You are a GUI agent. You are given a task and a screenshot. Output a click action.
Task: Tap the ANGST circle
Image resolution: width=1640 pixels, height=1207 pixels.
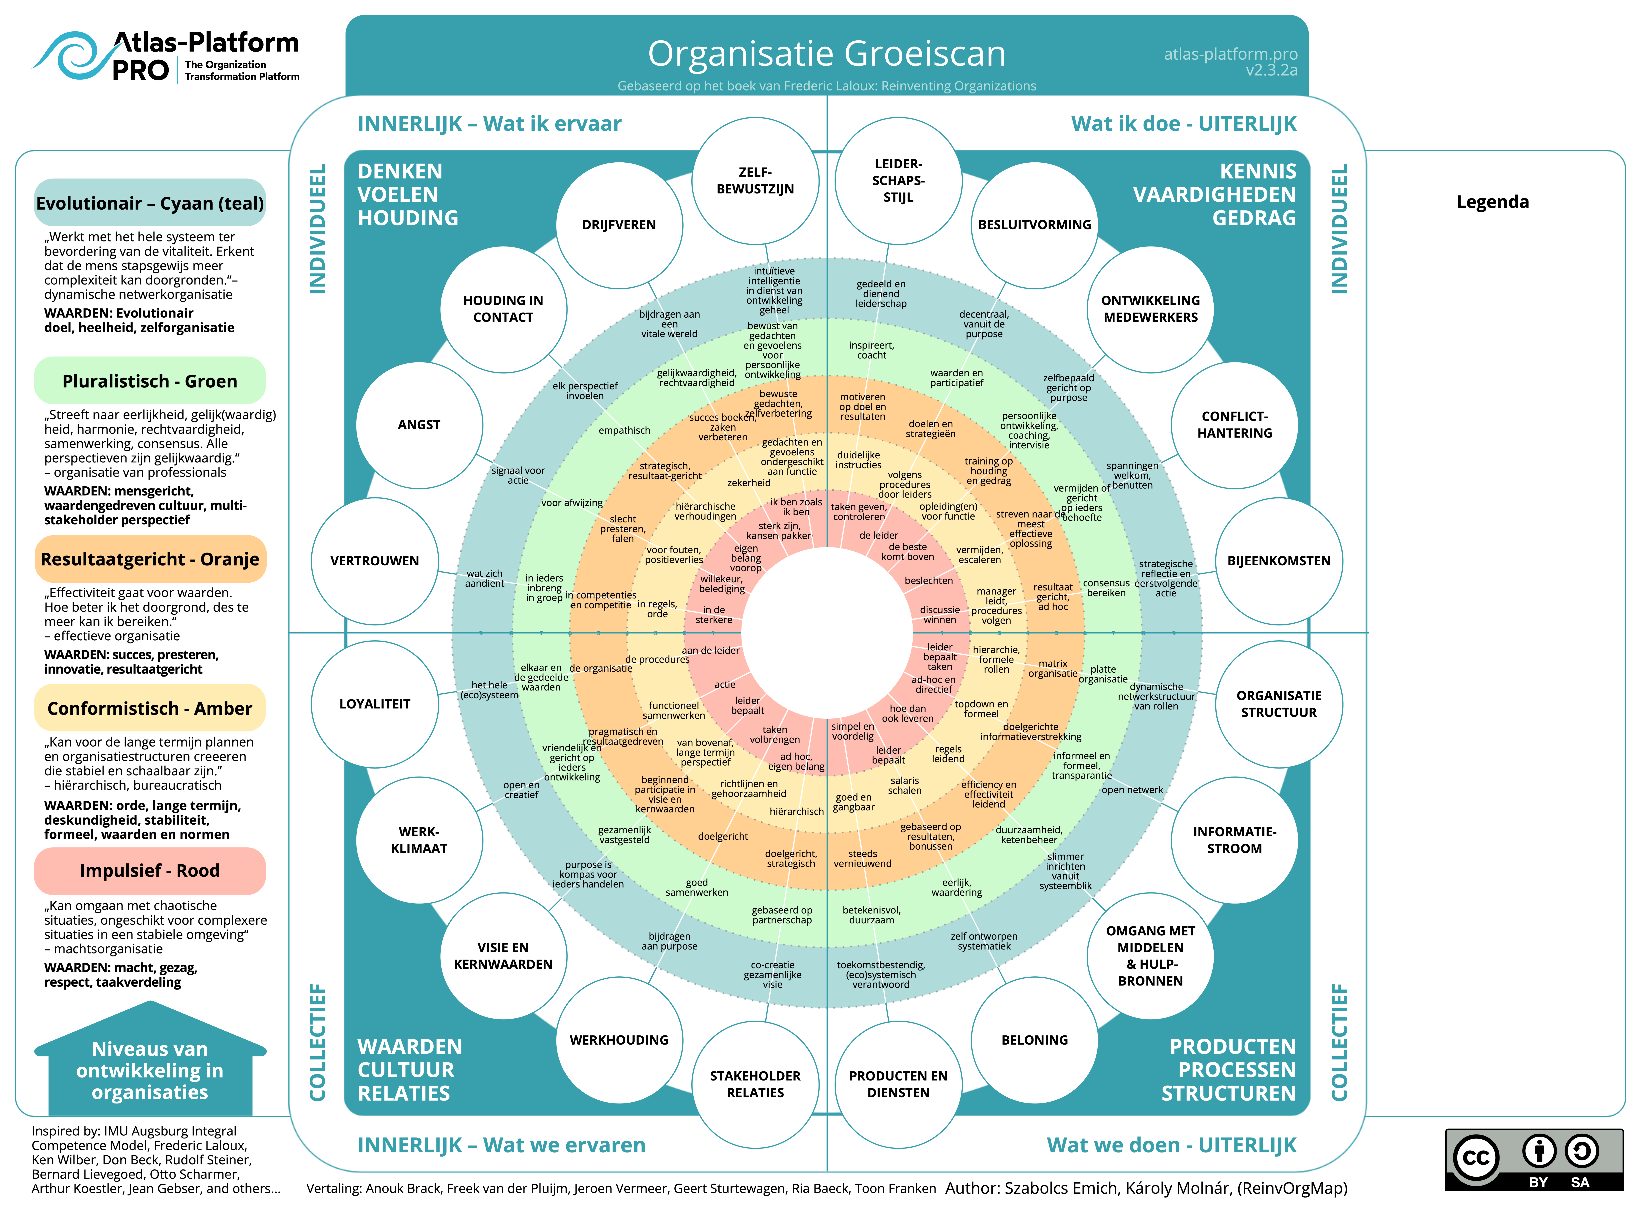click(419, 424)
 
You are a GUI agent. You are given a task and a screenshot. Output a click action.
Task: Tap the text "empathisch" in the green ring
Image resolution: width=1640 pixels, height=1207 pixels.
click(624, 430)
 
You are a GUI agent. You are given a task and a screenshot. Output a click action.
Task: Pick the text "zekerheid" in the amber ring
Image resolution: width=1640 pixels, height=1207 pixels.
click(748, 483)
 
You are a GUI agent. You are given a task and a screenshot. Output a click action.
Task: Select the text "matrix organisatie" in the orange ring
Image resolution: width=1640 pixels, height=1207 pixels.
click(1052, 669)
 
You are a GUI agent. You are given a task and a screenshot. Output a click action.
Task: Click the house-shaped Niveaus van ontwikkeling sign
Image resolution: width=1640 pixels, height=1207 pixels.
click(150, 1063)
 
